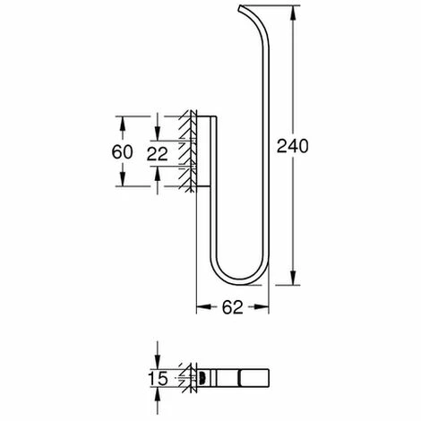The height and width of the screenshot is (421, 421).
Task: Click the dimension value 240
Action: pyautogui.click(x=292, y=146)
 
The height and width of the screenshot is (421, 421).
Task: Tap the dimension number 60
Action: pyautogui.click(x=122, y=151)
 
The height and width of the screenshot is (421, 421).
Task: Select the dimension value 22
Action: pyautogui.click(x=158, y=154)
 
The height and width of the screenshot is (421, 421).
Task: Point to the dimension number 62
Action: pyautogui.click(x=233, y=307)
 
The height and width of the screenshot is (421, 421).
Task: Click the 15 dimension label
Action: pyautogui.click(x=158, y=379)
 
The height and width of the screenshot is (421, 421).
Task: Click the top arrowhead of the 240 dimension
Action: pyautogui.click(x=293, y=13)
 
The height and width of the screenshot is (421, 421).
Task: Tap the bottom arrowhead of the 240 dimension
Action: pyautogui.click(x=293, y=278)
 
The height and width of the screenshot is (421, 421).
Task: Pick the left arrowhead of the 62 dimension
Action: pyautogui.click(x=203, y=306)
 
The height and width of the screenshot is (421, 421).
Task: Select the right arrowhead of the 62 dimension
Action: pyautogui.click(x=262, y=306)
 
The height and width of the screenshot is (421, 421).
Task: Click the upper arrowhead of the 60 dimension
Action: pyautogui.click(x=122, y=124)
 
